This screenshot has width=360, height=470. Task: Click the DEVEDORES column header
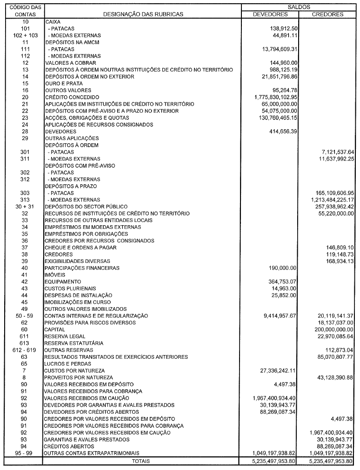tap(270, 14)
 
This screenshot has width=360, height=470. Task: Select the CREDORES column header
tap(327, 14)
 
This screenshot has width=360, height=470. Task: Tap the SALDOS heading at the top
tap(299, 7)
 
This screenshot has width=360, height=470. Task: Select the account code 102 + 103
tap(25, 35)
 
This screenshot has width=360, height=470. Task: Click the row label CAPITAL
tap(55, 329)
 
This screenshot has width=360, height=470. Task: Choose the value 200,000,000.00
tap(332, 329)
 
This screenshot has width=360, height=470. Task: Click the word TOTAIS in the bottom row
tap(141, 461)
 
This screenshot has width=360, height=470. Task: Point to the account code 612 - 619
tap(25, 350)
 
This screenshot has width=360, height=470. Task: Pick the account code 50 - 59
tap(25, 316)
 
